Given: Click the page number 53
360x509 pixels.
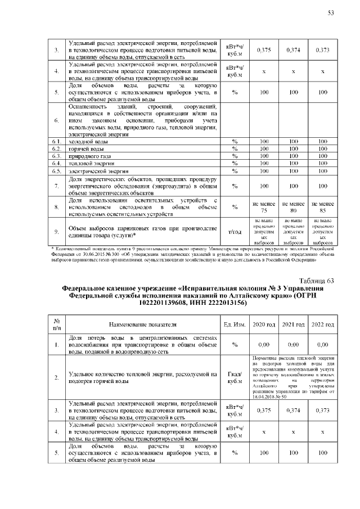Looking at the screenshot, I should coord(331,13).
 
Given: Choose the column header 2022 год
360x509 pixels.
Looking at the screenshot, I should coord(322,325).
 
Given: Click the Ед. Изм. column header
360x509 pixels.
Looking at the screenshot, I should coord(235,325).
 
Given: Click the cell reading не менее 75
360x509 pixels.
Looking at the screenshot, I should coord(264,206).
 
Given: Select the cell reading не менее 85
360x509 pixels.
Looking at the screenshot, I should coord(322,206).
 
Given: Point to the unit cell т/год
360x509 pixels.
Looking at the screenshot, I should coord(235,231).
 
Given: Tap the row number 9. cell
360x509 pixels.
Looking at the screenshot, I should coord(56,231).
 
